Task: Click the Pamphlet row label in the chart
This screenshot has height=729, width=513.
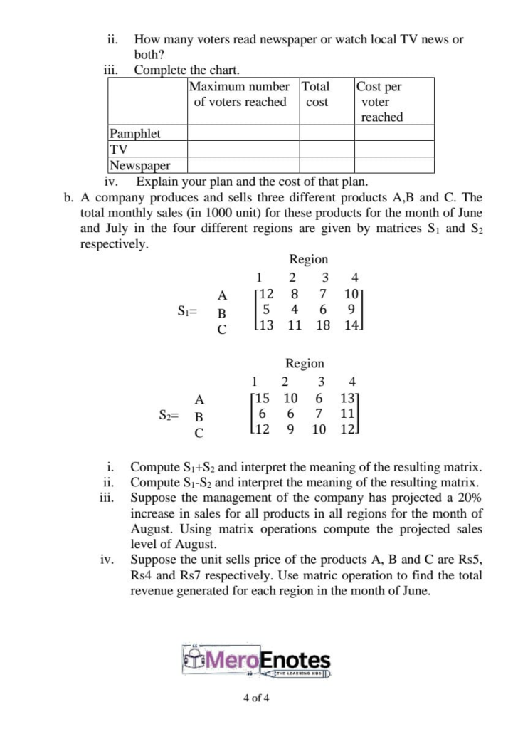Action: pos(134,133)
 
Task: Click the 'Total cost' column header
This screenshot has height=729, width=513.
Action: pos(316,94)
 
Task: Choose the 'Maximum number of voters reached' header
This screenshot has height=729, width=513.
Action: pos(240,94)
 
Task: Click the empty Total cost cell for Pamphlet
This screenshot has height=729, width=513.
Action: pos(327,133)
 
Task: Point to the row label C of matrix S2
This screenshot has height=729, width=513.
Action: pos(199,432)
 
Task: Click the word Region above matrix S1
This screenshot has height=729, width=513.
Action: pos(308,259)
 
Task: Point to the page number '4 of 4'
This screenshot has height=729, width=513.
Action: pos(256,698)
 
